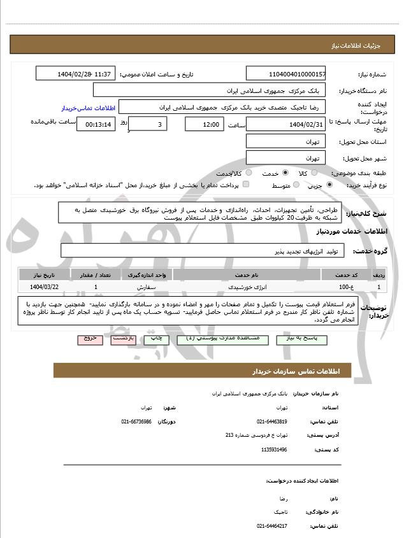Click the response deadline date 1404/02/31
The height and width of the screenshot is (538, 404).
tap(285, 124)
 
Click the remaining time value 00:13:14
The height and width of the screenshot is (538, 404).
tap(96, 125)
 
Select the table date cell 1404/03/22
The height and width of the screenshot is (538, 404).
tap(43, 287)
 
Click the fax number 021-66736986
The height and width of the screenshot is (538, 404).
tap(136, 421)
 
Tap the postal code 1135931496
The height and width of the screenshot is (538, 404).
tap(274, 450)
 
